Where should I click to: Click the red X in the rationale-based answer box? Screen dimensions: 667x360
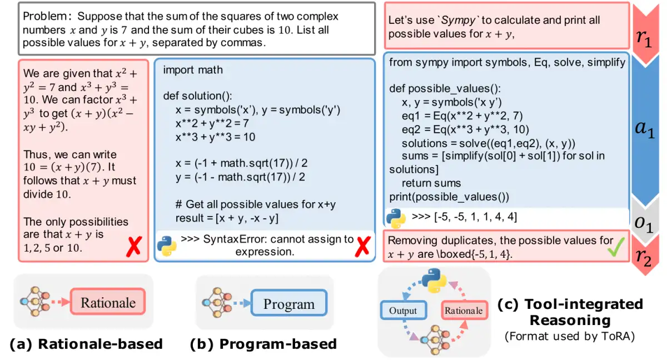tap(134, 247)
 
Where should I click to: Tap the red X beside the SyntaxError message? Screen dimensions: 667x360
tap(362, 247)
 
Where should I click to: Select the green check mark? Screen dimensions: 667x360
tap(616, 247)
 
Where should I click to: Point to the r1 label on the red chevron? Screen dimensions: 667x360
tap(644, 38)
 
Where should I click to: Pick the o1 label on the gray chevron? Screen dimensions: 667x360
tap(644, 224)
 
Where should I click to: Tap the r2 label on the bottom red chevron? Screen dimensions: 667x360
tap(643, 257)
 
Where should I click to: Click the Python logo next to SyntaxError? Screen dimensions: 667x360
tap(167, 246)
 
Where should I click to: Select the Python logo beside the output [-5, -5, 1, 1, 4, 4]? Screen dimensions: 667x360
tap(396, 218)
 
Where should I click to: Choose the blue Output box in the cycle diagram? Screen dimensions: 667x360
tap(404, 311)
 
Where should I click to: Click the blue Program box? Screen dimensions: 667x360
tap(289, 303)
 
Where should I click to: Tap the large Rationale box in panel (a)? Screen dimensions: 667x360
tap(108, 302)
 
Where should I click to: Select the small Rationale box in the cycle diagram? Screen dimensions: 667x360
tap(464, 311)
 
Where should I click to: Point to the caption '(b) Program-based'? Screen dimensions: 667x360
tap(263, 344)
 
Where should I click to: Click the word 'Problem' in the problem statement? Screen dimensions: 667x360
tap(45, 16)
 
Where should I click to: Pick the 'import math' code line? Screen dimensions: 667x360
tap(193, 70)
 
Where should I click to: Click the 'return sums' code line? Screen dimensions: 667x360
tap(431, 183)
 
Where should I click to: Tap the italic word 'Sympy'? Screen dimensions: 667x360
tap(458, 20)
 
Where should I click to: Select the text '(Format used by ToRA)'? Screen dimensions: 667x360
tap(570, 336)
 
